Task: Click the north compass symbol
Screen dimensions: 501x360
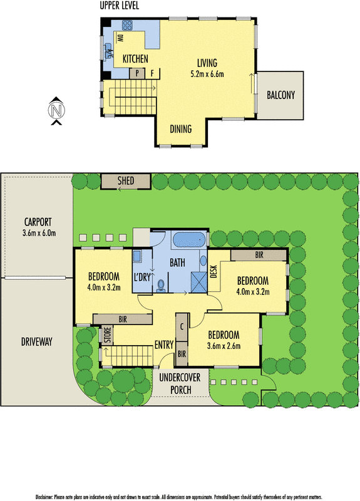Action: pyautogui.click(x=57, y=111)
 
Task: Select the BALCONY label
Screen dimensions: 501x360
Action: pyautogui.click(x=280, y=96)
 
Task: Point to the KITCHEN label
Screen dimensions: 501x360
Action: pyautogui.click(x=135, y=59)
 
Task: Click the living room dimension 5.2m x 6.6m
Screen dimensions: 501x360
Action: pyautogui.click(x=207, y=74)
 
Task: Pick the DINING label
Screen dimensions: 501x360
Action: pyautogui.click(x=181, y=130)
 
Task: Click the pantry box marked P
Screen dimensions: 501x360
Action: pyautogui.click(x=136, y=73)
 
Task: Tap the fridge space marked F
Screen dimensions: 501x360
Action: pyautogui.click(x=152, y=73)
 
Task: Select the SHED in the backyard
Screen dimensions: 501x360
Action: pyautogui.click(x=126, y=182)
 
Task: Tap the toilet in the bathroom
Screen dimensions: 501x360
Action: pyautogui.click(x=162, y=285)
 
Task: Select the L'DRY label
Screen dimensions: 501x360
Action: pyautogui.click(x=141, y=277)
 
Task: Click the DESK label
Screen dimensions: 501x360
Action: pyautogui.click(x=213, y=271)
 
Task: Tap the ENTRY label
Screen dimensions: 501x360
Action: pyautogui.click(x=164, y=345)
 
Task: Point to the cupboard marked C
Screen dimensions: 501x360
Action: pyautogui.click(x=182, y=326)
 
